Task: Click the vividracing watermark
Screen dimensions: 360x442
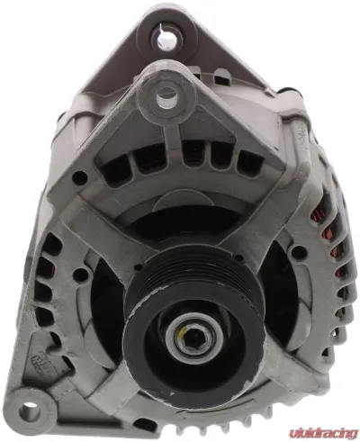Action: pos(323,432)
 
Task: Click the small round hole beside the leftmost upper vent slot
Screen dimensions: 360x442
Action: pos(79,177)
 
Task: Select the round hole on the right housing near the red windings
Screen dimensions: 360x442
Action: pos(298,253)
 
